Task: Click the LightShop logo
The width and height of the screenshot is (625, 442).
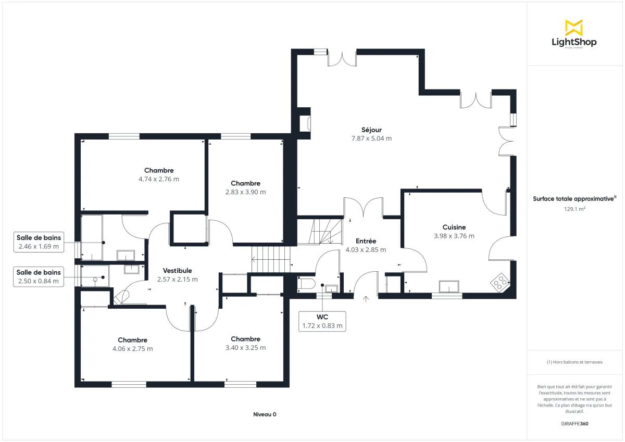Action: click(574, 34)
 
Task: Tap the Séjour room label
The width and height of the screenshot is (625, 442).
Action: click(371, 130)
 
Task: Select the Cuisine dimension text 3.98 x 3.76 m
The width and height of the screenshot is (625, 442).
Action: click(454, 236)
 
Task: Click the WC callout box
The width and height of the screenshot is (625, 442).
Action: click(322, 321)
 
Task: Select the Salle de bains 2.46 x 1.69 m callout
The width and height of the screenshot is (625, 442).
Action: click(38, 242)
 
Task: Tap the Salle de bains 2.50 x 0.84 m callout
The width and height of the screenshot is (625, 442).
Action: click(38, 276)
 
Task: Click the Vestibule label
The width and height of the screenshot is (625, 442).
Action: click(177, 271)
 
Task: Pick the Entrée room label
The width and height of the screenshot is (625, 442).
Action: click(366, 241)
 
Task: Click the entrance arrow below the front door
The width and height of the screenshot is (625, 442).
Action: click(366, 299)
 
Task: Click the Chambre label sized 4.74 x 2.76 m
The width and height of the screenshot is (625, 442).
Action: click(159, 170)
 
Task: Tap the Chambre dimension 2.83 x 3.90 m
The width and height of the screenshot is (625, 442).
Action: click(245, 192)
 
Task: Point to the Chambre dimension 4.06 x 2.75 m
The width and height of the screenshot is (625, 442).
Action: click(132, 349)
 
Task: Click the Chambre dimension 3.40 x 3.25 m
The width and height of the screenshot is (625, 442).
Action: click(245, 348)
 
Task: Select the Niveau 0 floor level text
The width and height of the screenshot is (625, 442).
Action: click(265, 414)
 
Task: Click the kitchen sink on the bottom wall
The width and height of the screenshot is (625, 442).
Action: click(449, 286)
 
